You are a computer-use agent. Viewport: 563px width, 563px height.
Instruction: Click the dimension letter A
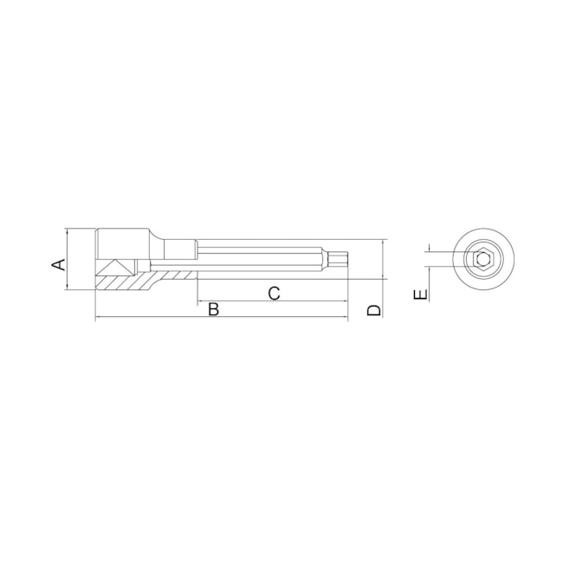click(x=59, y=262)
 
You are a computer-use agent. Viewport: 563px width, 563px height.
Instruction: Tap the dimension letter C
click(x=274, y=293)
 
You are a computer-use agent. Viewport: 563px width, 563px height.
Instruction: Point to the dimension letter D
click(x=373, y=309)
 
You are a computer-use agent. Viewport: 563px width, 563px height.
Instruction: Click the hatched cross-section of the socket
click(x=130, y=281)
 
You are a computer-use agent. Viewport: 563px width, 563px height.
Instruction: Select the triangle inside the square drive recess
click(x=113, y=268)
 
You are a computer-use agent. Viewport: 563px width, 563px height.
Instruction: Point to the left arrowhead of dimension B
click(x=98, y=317)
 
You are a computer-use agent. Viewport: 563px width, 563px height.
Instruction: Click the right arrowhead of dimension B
click(x=344, y=317)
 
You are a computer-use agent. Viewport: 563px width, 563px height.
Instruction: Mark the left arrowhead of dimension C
click(x=200, y=302)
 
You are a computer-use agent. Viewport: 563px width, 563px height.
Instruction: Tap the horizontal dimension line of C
click(x=260, y=302)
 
